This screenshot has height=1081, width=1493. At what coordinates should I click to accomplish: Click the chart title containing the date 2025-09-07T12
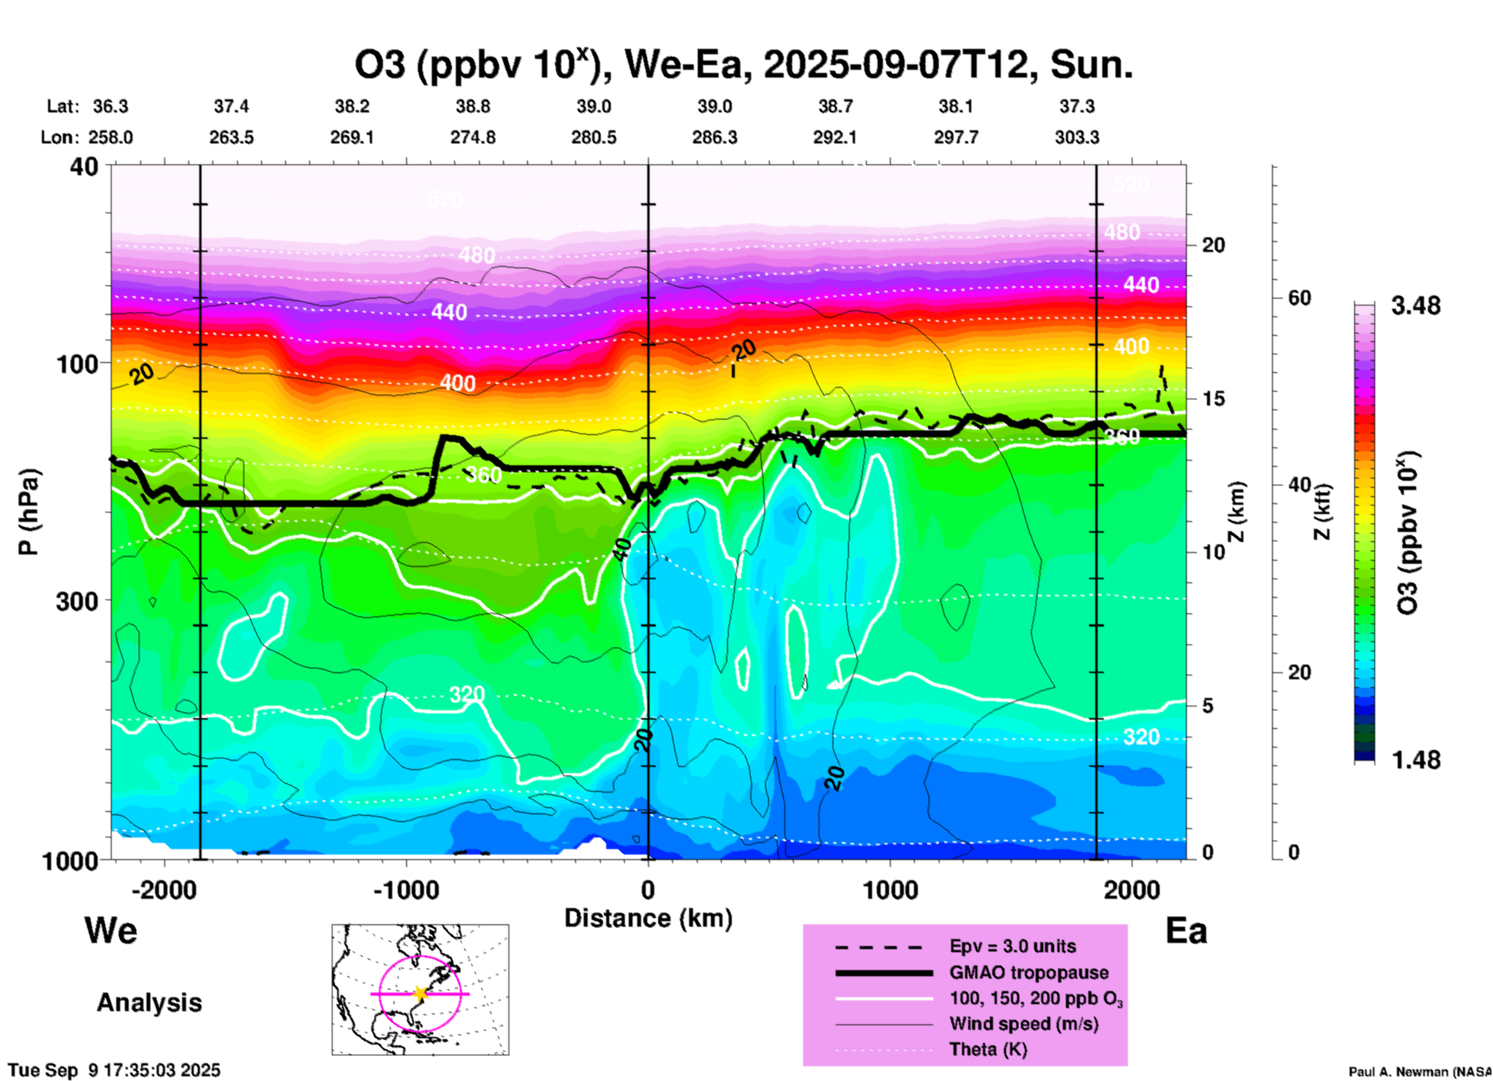coord(743,65)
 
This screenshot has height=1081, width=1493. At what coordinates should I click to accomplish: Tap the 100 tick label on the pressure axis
coord(78,364)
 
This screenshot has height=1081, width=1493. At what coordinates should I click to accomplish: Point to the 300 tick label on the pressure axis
coord(78,601)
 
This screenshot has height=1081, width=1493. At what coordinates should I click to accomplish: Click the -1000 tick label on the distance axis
coord(405,890)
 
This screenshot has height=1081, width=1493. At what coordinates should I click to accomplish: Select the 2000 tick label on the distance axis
coord(1132,890)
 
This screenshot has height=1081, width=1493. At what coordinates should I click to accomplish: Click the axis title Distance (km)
coord(648,918)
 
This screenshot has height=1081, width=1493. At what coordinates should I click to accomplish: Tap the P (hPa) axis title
coord(29,512)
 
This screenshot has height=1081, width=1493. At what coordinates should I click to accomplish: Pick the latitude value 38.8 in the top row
coord(473,106)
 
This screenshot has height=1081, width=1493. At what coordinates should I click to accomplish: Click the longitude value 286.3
coord(715,138)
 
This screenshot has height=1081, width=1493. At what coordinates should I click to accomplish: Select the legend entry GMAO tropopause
coord(1029,972)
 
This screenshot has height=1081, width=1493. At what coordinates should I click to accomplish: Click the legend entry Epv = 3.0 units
coord(1012,946)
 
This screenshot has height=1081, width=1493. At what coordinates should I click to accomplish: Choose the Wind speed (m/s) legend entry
coord(1023,1024)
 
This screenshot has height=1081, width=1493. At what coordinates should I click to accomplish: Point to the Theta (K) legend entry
coord(988,1050)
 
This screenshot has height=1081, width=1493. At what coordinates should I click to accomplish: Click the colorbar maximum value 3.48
coord(1415,306)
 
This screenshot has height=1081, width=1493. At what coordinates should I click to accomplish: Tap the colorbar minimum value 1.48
coord(1415,760)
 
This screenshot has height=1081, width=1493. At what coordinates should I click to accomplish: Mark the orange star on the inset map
coord(420,993)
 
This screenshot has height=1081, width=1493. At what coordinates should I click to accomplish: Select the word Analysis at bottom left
coord(149,1003)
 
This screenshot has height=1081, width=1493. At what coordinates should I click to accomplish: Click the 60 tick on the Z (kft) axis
coord(1299,298)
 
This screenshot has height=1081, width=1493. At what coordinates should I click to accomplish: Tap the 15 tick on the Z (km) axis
coord(1213,399)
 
